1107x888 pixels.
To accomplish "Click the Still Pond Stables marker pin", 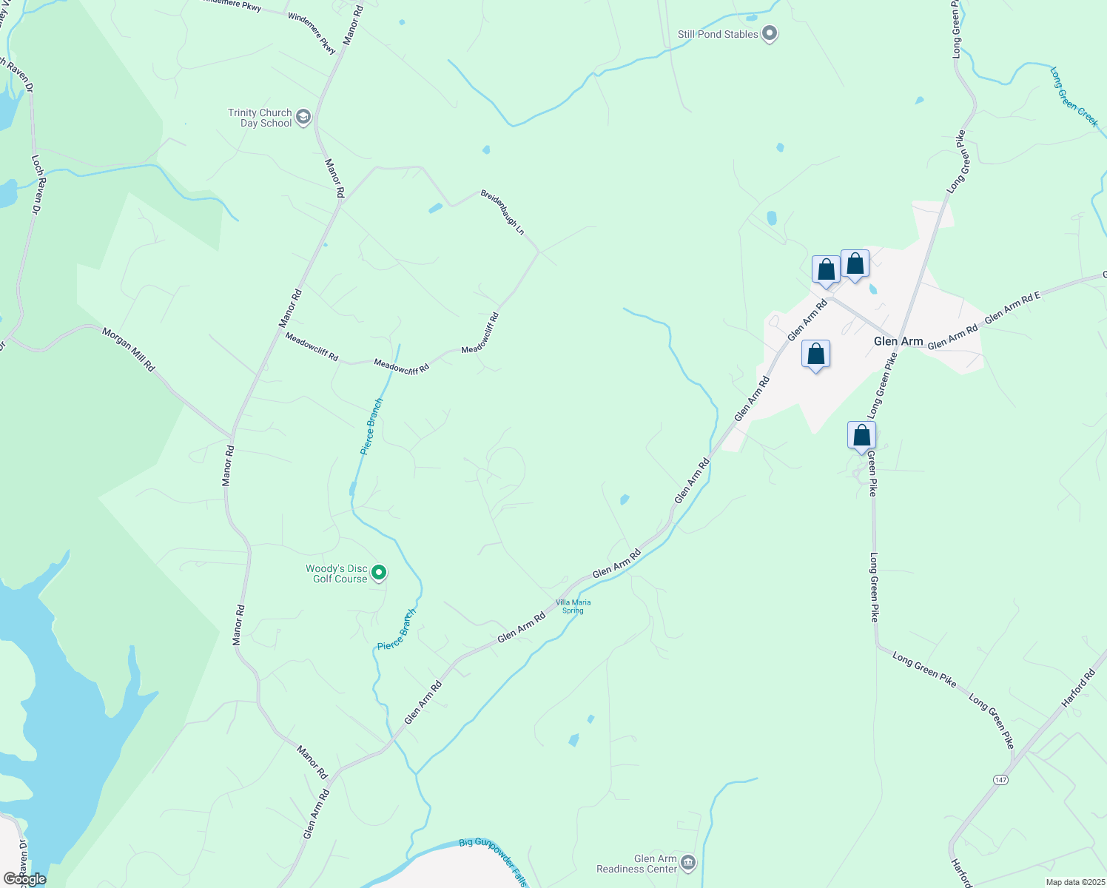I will point(770,33).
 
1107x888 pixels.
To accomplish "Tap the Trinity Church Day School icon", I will point(303,117).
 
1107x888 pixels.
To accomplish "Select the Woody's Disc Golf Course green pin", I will point(379,573).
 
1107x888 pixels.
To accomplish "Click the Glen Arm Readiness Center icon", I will point(688,862).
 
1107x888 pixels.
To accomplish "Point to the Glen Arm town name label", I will point(898,341).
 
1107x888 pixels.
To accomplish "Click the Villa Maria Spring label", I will point(573,606).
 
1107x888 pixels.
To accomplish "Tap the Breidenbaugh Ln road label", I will point(502,212).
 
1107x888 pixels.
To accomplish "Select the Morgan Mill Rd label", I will point(128,349).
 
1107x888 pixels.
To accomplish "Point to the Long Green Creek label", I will point(1074,97).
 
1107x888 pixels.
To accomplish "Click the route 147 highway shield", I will point(1000,780).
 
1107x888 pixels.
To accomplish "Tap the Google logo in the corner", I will point(24,879).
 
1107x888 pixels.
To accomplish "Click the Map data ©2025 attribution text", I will point(1074,882).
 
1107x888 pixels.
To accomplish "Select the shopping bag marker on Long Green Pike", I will point(861,436).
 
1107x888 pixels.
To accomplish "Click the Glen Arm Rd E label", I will point(1012,306).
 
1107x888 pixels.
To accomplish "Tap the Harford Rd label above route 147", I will point(1078,688).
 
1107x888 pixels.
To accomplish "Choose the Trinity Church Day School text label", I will point(260,118).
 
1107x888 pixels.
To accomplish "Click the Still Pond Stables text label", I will point(718,34).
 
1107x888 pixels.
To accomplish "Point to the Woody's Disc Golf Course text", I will point(337,573).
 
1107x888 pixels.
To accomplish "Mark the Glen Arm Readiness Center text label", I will point(637,864).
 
